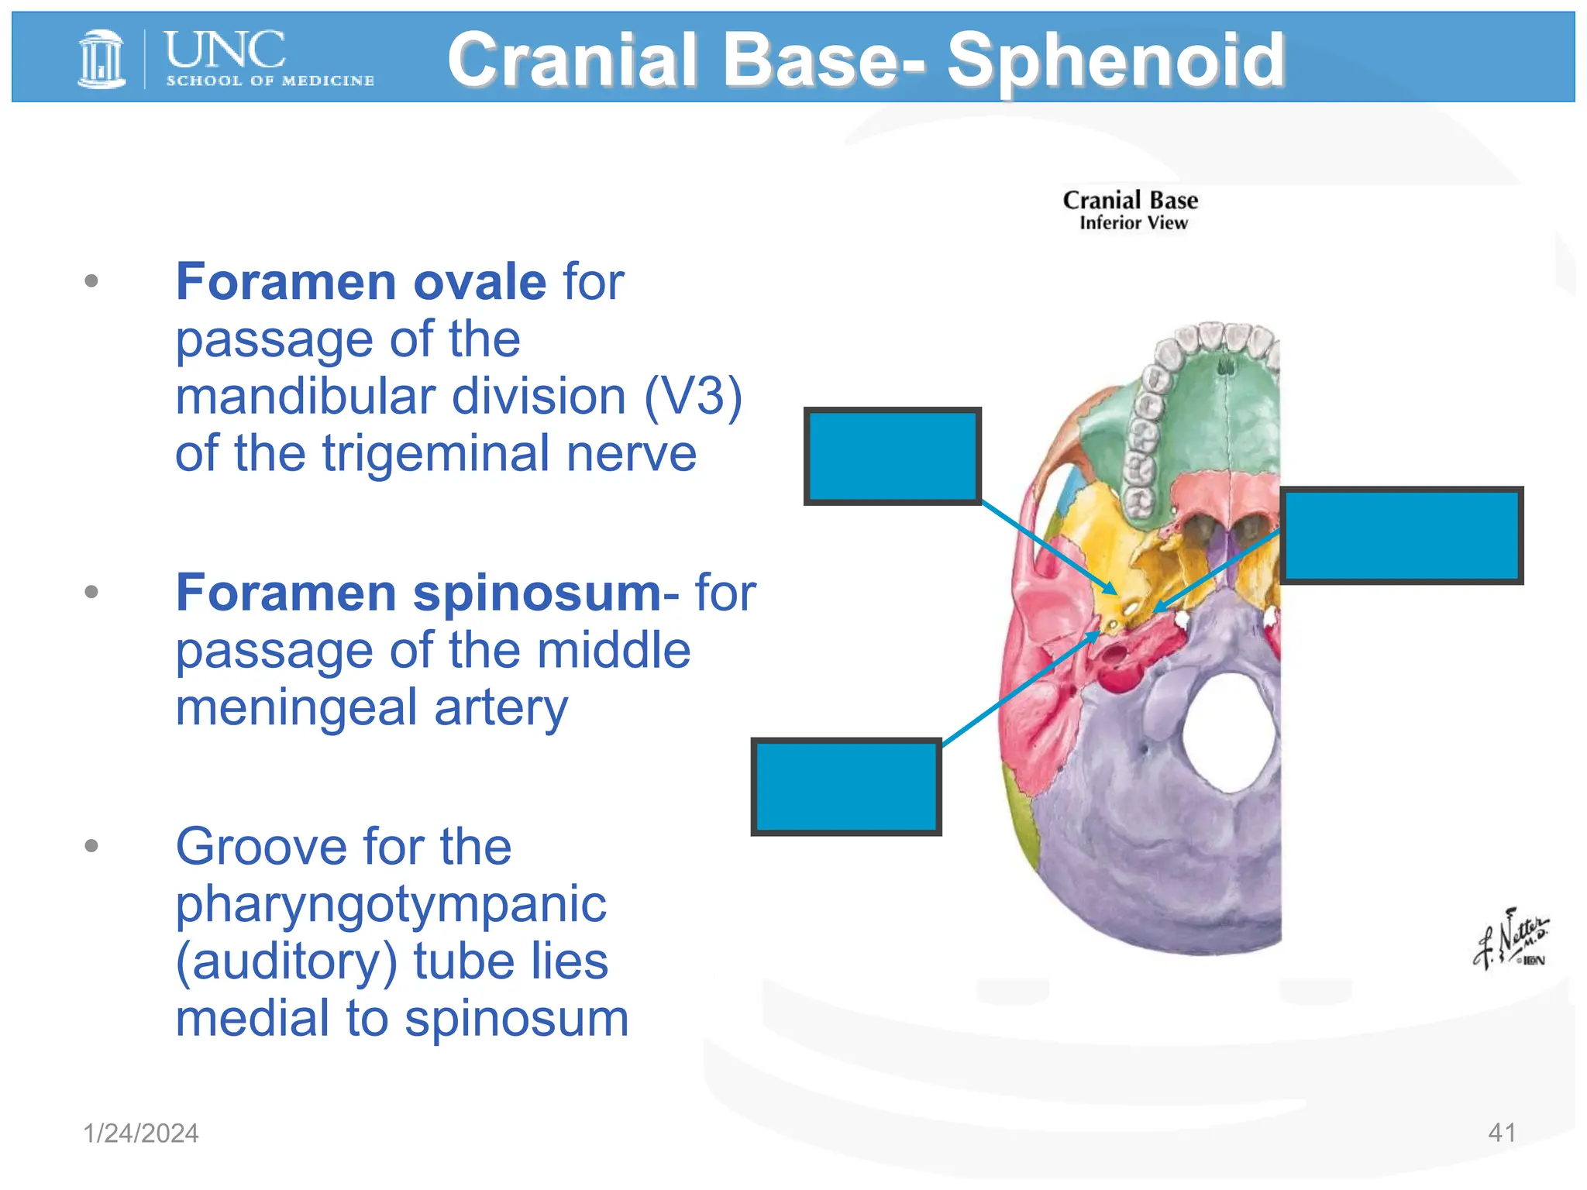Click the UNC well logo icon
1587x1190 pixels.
click(x=102, y=59)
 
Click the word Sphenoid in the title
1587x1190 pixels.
click(x=1115, y=60)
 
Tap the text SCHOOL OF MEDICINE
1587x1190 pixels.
click(x=270, y=81)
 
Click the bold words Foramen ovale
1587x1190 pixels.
click(x=361, y=281)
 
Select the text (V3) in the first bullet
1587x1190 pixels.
click(x=693, y=397)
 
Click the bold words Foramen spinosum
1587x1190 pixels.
click(x=418, y=593)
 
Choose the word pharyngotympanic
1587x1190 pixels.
click(x=391, y=903)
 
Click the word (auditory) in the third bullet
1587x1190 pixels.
click(x=287, y=961)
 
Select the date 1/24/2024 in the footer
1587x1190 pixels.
click(x=141, y=1133)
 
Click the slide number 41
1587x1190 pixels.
click(x=1502, y=1133)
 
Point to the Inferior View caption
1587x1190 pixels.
click(x=1133, y=223)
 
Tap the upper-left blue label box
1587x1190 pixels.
click(x=893, y=456)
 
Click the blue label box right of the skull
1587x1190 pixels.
click(x=1401, y=535)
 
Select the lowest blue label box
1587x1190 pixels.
click(x=846, y=786)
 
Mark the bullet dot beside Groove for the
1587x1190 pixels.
click(x=91, y=845)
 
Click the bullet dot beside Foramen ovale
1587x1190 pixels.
click(x=91, y=280)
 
